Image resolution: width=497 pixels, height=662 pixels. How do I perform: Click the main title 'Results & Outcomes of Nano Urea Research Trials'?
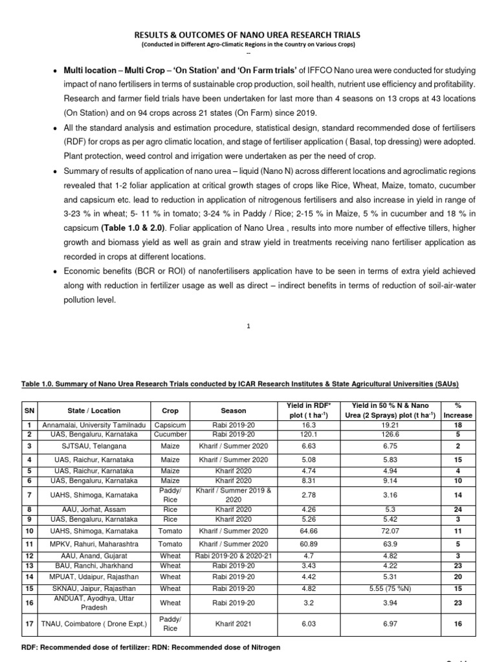coord(248,34)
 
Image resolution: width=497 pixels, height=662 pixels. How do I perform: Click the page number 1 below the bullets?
coord(248,326)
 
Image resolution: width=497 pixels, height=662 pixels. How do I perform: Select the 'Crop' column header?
coord(171,411)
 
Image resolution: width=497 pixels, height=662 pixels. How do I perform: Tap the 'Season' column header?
coord(233,411)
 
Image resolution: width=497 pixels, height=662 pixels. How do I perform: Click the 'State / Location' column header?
coord(94,411)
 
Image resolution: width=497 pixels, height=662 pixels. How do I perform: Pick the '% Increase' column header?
coord(459,411)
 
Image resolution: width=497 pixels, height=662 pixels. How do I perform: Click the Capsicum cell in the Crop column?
coord(171,425)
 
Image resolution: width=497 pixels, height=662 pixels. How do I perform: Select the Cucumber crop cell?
coord(171,434)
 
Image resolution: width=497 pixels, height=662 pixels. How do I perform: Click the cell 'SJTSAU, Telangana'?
coord(94,446)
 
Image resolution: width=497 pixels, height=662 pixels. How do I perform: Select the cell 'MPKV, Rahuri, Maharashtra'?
coord(94,544)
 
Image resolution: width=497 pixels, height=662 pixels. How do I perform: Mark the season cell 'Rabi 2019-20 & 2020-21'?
coord(233,556)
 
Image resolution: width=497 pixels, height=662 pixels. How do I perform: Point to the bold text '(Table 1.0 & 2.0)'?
coord(132,227)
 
